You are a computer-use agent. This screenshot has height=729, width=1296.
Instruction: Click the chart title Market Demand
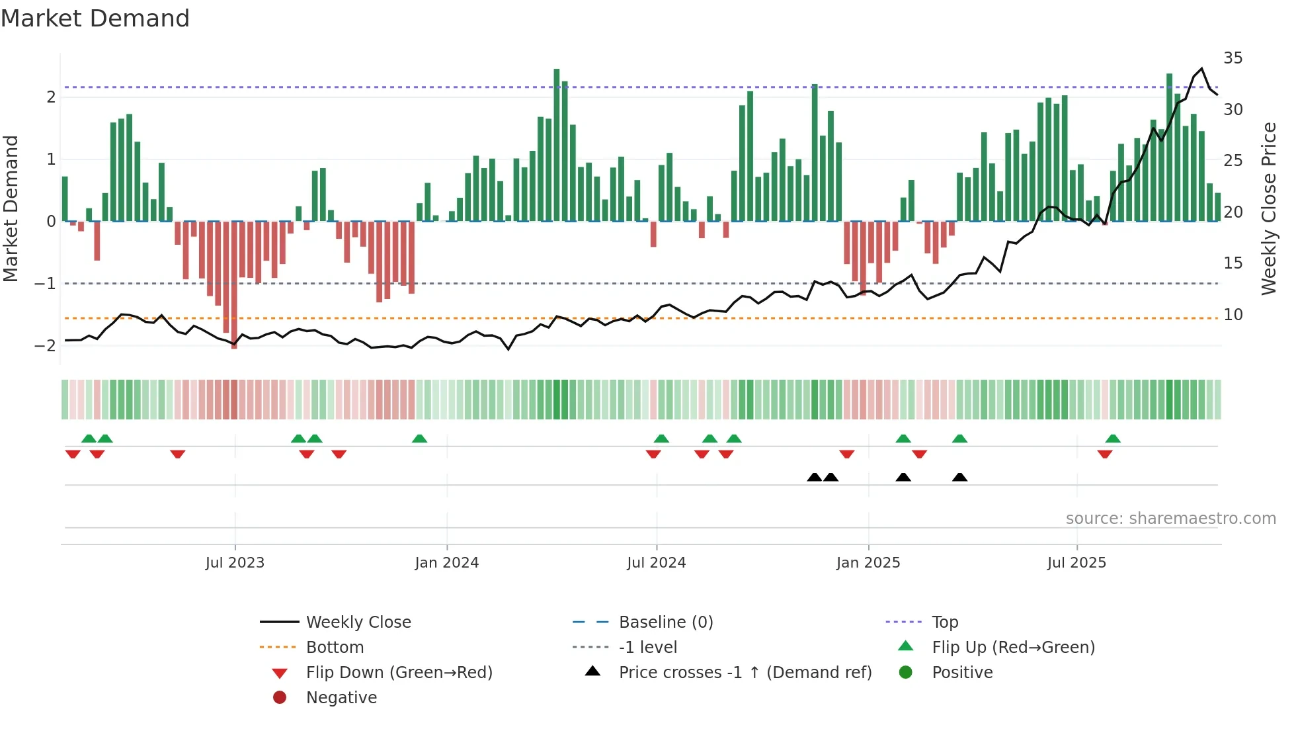coord(95,19)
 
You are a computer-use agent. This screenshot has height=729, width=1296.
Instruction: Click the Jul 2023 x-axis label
coord(235,563)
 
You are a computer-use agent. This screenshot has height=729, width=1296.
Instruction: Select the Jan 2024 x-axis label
coord(446,563)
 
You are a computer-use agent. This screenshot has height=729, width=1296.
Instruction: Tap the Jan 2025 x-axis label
coord(868,563)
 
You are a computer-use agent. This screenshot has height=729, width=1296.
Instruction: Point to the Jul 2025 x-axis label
coord(1076,563)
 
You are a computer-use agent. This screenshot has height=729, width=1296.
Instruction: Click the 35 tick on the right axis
coord(1233,58)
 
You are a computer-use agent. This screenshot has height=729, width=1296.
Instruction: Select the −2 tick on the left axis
coord(45,346)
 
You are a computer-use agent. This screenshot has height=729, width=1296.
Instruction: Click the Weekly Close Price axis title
coord(1268,208)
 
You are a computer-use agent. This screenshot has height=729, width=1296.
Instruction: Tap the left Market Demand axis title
coord(11,208)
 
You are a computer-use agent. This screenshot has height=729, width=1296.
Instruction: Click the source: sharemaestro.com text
coord(1170,519)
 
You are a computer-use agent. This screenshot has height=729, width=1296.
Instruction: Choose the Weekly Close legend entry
coord(358,622)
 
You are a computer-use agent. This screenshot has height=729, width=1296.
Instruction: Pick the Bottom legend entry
coord(335,648)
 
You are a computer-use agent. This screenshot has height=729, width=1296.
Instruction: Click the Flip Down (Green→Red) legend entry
coord(399,673)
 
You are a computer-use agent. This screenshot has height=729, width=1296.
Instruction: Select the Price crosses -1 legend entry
coord(745,673)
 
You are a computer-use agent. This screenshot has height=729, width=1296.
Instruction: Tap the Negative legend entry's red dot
coord(280,698)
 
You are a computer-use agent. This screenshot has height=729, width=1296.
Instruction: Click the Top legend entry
coord(944,622)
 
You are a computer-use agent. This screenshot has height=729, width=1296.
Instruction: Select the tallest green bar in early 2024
coord(557,146)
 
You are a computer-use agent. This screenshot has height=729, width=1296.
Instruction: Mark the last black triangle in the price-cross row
coord(959,477)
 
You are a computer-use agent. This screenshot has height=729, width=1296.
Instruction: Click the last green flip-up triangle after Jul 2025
coord(1113,439)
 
